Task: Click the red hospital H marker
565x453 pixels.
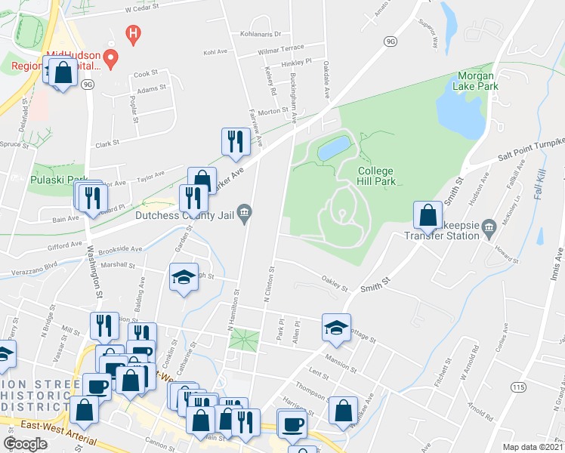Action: (x=133, y=34)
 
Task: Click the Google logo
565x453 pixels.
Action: (x=25, y=443)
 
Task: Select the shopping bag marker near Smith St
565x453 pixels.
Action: (x=428, y=214)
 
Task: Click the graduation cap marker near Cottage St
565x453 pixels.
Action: (x=336, y=327)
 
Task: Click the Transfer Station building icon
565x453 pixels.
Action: (x=488, y=225)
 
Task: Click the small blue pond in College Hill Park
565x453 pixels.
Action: (x=333, y=148)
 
